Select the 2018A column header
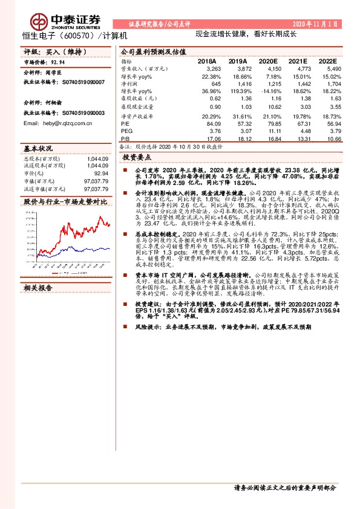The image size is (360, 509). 207,62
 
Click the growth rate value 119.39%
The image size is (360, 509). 235,91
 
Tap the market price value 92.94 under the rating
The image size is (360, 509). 58,62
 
